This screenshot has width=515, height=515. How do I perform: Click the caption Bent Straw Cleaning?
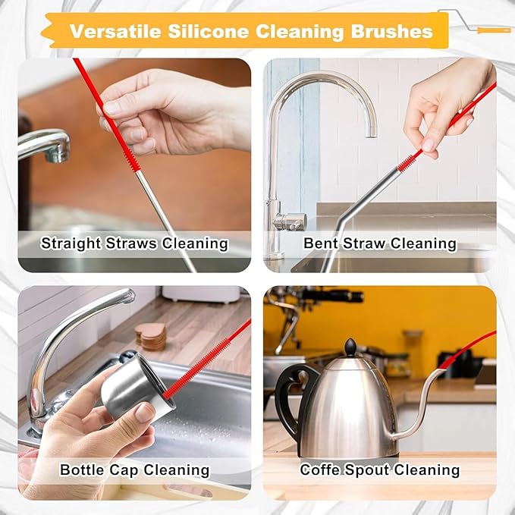coord(380,243)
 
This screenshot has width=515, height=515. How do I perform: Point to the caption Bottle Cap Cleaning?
coord(134,469)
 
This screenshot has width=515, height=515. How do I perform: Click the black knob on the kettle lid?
coord(350,347)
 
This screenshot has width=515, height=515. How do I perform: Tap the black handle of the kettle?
coord(289,394)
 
